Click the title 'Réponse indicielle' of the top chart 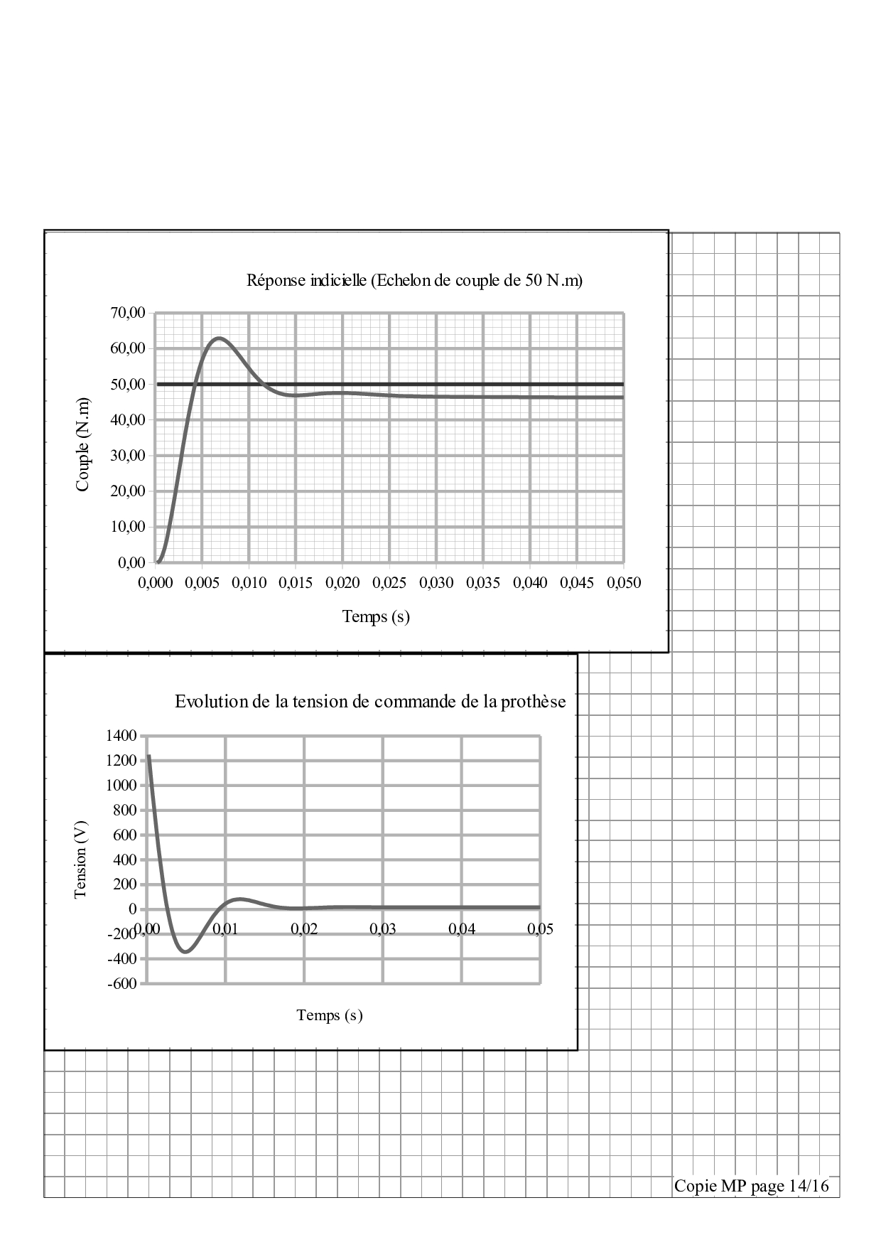[x=414, y=280]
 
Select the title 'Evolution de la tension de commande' [x=370, y=702]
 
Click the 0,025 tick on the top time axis [x=389, y=583]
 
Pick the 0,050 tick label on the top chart [x=623, y=583]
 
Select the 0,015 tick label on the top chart [x=296, y=583]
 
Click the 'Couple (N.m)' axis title [x=83, y=444]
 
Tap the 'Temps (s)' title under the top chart [x=376, y=616]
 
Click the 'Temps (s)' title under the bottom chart [x=330, y=1015]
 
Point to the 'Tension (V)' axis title [x=80, y=858]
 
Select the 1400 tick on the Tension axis [x=122, y=736]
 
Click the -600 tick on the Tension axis [x=122, y=984]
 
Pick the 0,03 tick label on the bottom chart [x=382, y=929]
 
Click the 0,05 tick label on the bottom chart [x=540, y=929]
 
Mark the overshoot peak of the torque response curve [x=219, y=338]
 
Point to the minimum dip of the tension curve [x=186, y=951]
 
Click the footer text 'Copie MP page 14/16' [x=751, y=1186]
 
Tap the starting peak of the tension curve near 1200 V [x=148, y=756]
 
